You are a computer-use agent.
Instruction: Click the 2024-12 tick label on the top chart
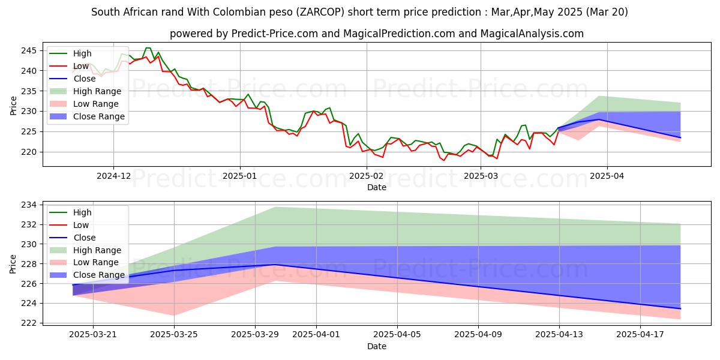tap(113, 176)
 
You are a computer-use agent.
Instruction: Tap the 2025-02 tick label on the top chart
tap(366, 176)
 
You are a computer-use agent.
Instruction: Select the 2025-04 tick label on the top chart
tap(607, 176)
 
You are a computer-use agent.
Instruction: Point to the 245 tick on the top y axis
tap(31, 50)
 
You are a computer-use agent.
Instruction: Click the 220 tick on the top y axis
tap(31, 152)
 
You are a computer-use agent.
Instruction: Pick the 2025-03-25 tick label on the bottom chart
tap(174, 335)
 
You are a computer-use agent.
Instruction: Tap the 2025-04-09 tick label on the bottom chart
tap(478, 335)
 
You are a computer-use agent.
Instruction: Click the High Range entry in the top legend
tap(98, 91)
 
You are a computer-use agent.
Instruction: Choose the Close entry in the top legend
tap(85, 79)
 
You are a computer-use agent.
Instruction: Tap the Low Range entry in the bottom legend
tap(97, 263)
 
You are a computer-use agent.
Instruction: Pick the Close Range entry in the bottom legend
tap(100, 275)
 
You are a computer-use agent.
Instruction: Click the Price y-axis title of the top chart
tap(13, 105)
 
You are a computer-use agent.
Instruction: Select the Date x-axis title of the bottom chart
tap(376, 346)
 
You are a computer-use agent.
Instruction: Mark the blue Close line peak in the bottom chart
tap(275, 265)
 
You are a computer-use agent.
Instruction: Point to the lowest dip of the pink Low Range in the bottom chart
tap(174, 316)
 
